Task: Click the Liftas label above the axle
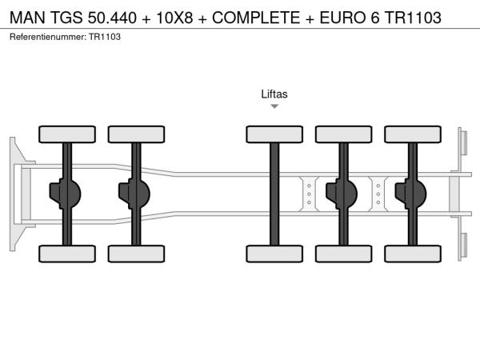(x=274, y=94)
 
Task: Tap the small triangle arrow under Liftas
(x=274, y=106)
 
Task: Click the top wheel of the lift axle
(x=274, y=134)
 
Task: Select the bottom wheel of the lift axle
(x=274, y=254)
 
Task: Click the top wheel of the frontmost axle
(x=67, y=134)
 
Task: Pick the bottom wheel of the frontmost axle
(x=67, y=254)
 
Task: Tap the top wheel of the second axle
(x=136, y=134)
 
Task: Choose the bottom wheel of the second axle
(x=136, y=254)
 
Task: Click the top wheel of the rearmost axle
(x=413, y=134)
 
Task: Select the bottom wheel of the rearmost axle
(x=413, y=254)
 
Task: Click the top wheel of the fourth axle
(x=344, y=134)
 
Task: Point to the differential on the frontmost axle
(x=65, y=194)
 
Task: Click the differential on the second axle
(x=134, y=194)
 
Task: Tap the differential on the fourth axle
(x=342, y=194)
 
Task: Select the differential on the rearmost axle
(x=411, y=194)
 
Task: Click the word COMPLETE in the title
(x=256, y=18)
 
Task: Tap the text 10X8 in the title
(x=174, y=18)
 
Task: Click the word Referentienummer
(x=48, y=37)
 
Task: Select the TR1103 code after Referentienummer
(x=105, y=37)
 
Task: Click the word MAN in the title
(x=27, y=18)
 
